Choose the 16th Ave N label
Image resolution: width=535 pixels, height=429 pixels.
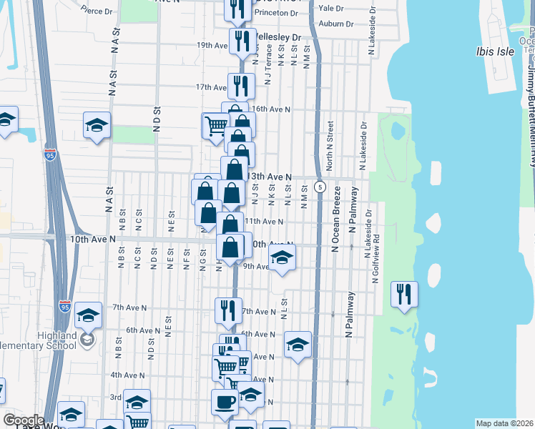(270, 109)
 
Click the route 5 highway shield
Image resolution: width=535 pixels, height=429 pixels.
(321, 187)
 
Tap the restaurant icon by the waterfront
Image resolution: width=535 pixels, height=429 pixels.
(404, 295)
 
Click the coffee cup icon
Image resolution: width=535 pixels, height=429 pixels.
(225, 403)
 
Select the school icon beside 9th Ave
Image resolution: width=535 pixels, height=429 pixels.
(282, 258)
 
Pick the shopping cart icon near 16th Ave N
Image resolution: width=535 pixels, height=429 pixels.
(215, 126)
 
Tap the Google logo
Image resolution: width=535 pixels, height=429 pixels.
(23, 420)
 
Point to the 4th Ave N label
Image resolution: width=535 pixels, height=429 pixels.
(128, 375)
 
